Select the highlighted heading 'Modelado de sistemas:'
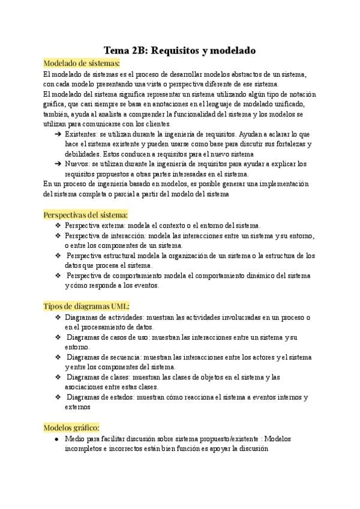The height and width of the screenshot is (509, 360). (x=82, y=62)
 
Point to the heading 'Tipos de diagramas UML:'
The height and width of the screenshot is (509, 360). (x=86, y=306)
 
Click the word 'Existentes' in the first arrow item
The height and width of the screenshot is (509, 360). (x=80, y=134)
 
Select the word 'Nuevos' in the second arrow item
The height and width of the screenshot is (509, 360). (x=76, y=163)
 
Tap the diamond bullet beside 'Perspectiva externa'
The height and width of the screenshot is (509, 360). (x=58, y=225)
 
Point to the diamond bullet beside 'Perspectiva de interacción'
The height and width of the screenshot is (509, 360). (x=58, y=235)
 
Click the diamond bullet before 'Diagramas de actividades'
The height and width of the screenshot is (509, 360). (x=58, y=317)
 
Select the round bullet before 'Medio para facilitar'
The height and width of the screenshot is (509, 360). (x=56, y=439)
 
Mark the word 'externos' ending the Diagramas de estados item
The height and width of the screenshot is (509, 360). (x=77, y=407)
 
